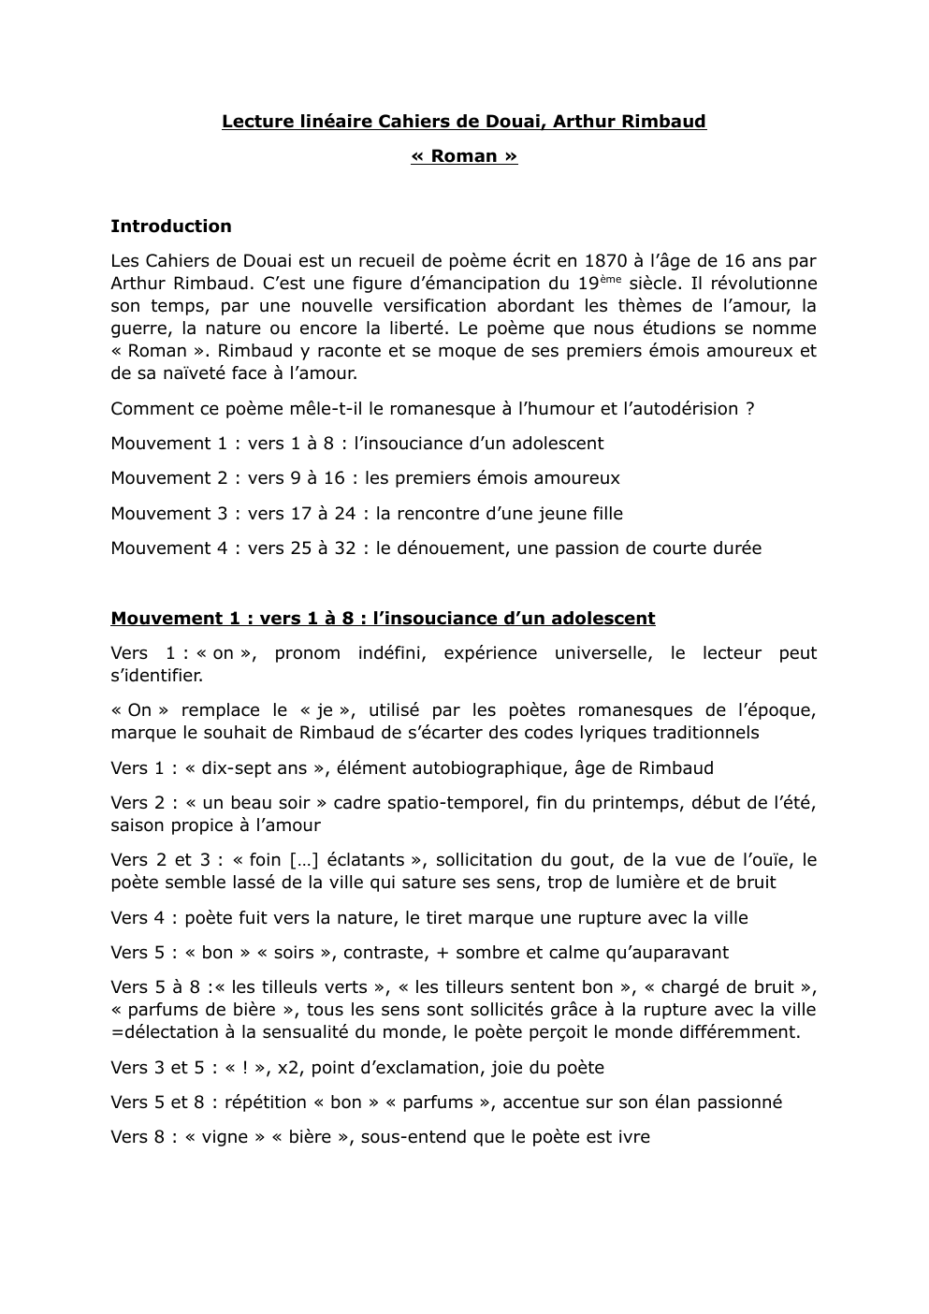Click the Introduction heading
[x=170, y=226]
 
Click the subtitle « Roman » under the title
[x=463, y=156]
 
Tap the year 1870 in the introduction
[x=604, y=261]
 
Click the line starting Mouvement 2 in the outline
[x=365, y=478]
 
